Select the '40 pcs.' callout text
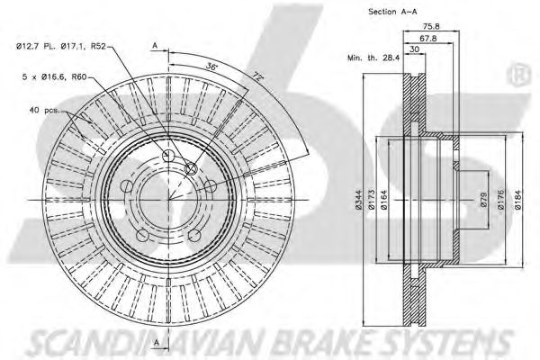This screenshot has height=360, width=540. click(x=43, y=112)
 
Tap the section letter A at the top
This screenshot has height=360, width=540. click(x=156, y=45)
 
